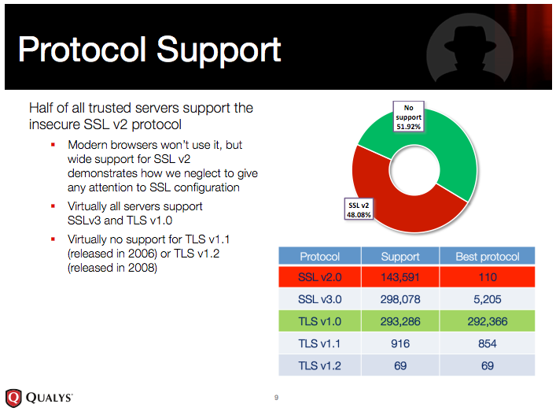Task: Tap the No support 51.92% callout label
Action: [408, 117]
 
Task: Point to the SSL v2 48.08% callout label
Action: [359, 209]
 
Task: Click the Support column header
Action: [400, 256]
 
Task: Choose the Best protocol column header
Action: [488, 256]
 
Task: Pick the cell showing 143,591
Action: [400, 277]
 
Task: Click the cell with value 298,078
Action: [400, 299]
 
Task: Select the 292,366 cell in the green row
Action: [488, 321]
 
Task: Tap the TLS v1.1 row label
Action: [319, 343]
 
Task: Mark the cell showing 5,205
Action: [488, 299]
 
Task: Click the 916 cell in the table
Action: [400, 343]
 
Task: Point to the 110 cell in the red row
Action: [488, 277]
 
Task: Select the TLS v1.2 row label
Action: [319, 365]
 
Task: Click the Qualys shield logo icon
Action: [13, 398]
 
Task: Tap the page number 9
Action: [276, 398]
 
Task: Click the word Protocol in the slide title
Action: [82, 50]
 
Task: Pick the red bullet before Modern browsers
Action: [53, 144]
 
